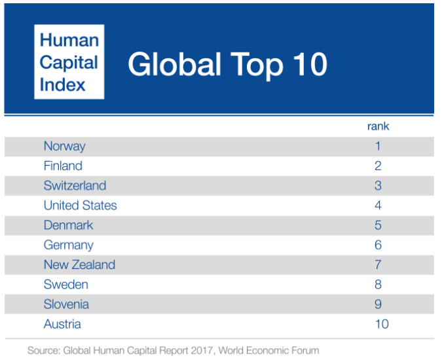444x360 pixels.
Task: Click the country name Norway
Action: pos(64,146)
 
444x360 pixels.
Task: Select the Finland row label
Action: pos(63,166)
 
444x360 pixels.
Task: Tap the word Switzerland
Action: pos(75,186)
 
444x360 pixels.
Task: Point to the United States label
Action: pos(80,206)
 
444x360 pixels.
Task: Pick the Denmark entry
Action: pos(68,225)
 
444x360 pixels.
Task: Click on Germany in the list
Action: pos(68,245)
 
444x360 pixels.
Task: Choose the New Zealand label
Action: pos(79,264)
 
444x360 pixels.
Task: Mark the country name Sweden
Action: pos(65,285)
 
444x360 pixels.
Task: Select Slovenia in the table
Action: pos(66,304)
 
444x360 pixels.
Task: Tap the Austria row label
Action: pos(62,324)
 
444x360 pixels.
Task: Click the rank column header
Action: pos(378,126)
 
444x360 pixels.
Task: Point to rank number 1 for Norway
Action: pos(378,146)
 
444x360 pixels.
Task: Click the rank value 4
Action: pos(378,206)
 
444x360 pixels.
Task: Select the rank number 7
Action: pos(378,264)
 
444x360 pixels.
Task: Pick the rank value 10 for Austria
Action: pos(381,324)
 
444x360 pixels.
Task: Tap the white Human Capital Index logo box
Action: pos(69,62)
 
